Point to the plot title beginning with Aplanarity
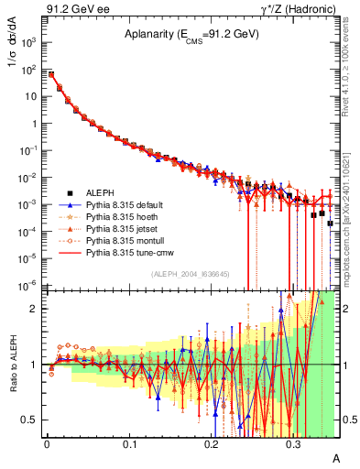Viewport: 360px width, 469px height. click(191, 34)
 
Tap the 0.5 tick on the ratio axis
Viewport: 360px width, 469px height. click(34, 420)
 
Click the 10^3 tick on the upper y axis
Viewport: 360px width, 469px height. click(34, 42)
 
